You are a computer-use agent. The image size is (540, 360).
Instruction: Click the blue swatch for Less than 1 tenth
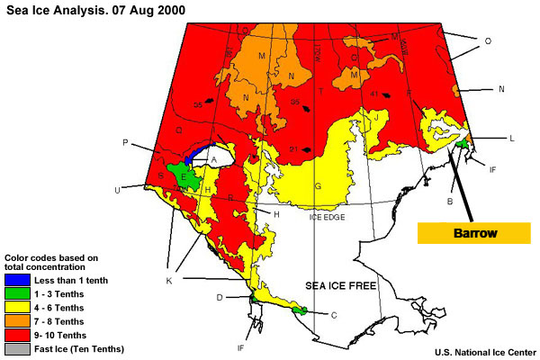coord(17,281)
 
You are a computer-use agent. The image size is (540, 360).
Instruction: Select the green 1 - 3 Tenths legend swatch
coord(17,294)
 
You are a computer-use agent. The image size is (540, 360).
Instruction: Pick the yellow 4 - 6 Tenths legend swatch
coord(17,308)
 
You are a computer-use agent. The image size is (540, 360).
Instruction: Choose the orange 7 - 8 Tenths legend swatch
coord(17,321)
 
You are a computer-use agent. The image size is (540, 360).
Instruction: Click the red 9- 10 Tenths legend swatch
coord(17,335)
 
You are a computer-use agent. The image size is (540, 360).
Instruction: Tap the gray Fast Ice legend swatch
coord(17,348)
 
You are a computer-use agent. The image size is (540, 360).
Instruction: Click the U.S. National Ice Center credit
coord(484,353)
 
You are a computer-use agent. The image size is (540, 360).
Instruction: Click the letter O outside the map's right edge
coord(488,40)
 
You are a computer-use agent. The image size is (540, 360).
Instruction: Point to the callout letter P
coord(126,142)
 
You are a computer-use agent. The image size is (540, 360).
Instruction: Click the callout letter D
coord(219,296)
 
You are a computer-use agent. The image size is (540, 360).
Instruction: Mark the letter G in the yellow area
coord(318,186)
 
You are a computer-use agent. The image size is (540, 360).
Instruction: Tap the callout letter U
coord(117,189)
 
